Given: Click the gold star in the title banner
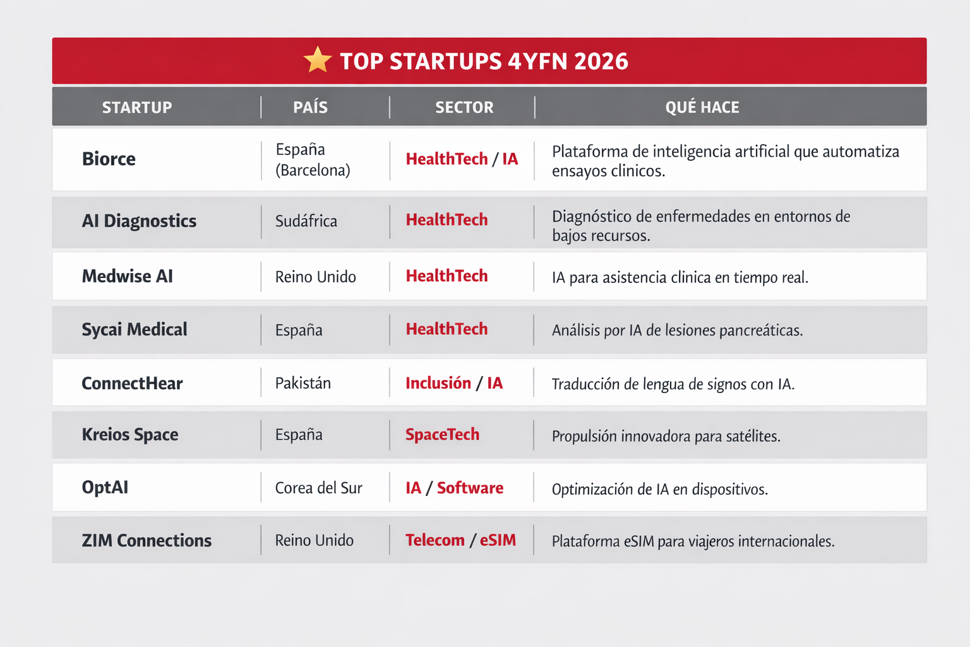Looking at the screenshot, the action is click(x=318, y=60).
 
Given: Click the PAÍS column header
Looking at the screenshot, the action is click(x=310, y=107).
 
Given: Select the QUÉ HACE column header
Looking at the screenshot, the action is click(x=702, y=107).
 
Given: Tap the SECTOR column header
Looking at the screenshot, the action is click(x=464, y=107).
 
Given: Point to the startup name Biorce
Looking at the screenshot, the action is click(x=109, y=159).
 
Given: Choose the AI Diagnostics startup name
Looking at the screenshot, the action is click(x=139, y=221).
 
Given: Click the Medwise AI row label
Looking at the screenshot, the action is click(x=128, y=276).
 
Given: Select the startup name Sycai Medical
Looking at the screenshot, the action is click(x=135, y=329).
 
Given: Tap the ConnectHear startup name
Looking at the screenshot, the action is click(x=132, y=383).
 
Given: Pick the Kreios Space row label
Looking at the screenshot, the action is click(x=130, y=434).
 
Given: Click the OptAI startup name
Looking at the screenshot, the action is click(x=105, y=488).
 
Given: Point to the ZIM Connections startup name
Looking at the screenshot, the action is click(x=147, y=540).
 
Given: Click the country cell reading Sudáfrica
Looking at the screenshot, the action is click(x=306, y=221).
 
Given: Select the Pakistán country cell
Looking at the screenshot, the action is click(x=303, y=383).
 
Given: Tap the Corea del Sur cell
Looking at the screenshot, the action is click(x=319, y=488).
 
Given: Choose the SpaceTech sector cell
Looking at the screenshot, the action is click(x=442, y=434).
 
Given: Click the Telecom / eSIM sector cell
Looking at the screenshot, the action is click(x=461, y=540).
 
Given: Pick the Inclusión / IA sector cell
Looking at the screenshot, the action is click(x=454, y=383).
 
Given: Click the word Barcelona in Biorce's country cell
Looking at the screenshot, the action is click(x=313, y=171).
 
